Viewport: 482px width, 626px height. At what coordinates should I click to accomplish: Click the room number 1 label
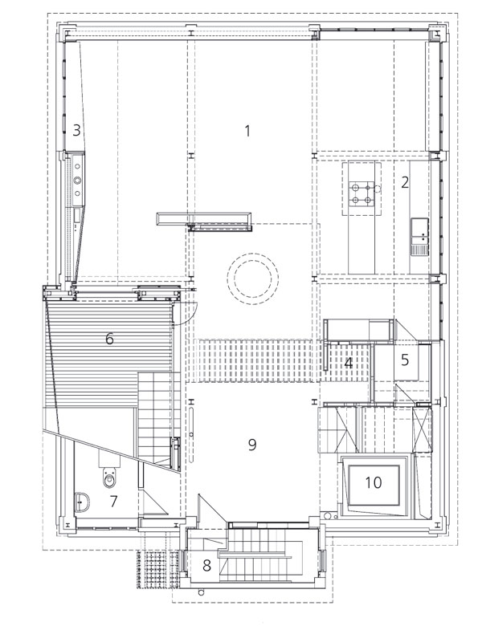[x=247, y=131]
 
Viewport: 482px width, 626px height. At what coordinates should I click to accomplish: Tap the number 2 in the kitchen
[x=405, y=182]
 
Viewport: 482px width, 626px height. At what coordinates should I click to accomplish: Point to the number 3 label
[x=76, y=130]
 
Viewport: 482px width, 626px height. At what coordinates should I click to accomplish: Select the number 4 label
[x=349, y=364]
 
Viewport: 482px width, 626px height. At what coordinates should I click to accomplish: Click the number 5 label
[x=405, y=360]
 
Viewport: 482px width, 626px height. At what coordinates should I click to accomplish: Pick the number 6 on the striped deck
[x=109, y=339]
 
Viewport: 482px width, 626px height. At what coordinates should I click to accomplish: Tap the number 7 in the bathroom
[x=113, y=501]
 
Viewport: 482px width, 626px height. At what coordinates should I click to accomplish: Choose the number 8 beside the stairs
[x=206, y=565]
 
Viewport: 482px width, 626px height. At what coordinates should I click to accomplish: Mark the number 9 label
[x=251, y=445]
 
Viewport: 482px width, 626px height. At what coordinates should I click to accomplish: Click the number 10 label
[x=374, y=482]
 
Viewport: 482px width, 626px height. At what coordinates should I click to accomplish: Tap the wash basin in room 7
[x=82, y=502]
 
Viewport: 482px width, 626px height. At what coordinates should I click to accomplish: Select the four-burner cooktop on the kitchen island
[x=361, y=194]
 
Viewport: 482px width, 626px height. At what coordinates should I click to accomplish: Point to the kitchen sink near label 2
[x=419, y=236]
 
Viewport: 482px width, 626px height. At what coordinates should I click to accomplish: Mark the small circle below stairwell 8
[x=201, y=592]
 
